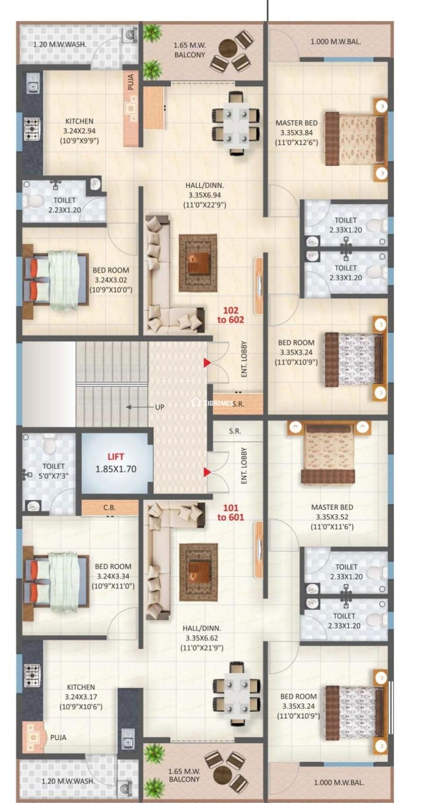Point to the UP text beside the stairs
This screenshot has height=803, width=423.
point(160,407)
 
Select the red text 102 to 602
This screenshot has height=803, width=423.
point(231,315)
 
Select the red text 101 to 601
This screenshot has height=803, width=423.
point(231,512)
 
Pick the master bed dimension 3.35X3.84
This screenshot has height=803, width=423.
point(296,133)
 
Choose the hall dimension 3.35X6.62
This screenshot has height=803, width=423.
point(201,638)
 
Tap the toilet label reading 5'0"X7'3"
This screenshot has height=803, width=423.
point(53,475)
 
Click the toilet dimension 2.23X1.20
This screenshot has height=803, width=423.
point(65,210)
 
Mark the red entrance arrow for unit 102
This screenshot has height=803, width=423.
point(207,362)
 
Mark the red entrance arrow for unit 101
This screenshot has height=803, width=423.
point(207,472)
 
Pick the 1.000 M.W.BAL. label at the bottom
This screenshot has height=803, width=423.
point(339,782)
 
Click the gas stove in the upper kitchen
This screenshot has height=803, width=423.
point(32,128)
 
